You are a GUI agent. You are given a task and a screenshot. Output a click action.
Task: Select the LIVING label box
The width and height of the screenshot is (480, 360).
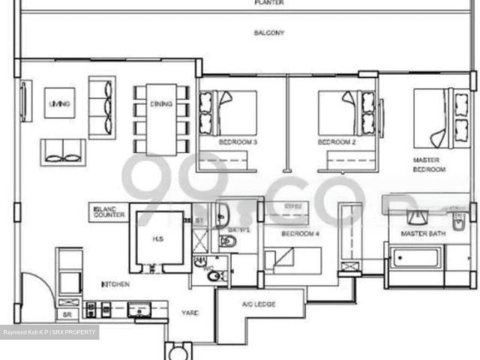59,103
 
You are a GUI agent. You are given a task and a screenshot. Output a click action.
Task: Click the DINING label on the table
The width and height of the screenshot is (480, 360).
161,104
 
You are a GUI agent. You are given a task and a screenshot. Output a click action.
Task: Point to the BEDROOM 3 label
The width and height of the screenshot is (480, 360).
238,142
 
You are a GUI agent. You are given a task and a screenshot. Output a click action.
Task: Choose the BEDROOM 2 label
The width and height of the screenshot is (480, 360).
336,142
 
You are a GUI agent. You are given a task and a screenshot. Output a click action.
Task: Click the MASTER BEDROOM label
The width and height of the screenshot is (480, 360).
429,165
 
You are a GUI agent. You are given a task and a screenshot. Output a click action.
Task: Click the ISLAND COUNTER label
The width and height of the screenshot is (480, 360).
109,211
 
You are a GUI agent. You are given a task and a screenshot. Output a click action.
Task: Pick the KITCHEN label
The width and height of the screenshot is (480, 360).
115,285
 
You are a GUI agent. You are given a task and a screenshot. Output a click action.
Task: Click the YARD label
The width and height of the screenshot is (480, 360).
190,312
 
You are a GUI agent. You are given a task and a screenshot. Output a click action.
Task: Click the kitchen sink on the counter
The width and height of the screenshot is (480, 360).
139,308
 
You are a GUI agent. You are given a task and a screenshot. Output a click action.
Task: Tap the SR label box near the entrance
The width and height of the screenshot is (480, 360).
67,315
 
